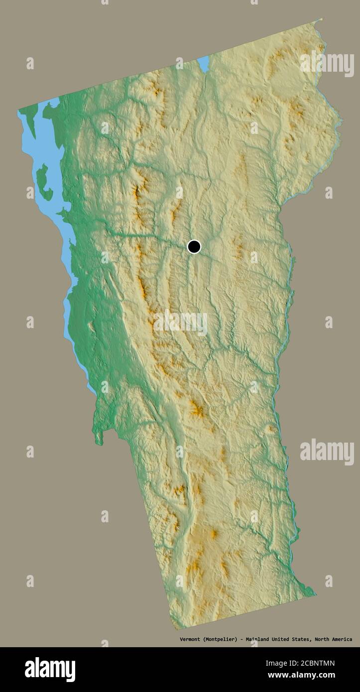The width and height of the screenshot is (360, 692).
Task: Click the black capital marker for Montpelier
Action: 194,246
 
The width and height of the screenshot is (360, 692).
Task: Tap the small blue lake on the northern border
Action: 203,63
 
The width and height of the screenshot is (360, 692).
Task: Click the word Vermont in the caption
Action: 190,639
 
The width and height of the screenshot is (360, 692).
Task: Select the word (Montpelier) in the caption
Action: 219,639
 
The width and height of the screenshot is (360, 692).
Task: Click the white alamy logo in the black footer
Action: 50,670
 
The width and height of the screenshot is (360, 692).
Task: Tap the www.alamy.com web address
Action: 301,676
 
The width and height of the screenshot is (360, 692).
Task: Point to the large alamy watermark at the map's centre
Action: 180,324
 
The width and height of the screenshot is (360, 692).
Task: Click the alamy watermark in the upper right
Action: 327,63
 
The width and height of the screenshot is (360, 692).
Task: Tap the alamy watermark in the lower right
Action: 327,452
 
